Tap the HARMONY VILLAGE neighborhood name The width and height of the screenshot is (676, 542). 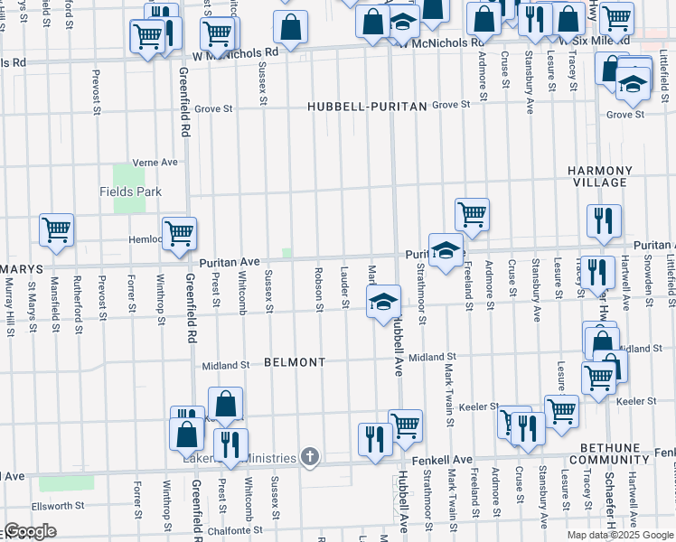(x=599, y=176)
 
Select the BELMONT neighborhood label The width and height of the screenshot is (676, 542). (x=295, y=362)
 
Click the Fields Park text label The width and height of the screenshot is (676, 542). (x=130, y=192)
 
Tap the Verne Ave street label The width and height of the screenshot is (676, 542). (x=155, y=162)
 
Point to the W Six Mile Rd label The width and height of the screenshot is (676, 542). (x=594, y=42)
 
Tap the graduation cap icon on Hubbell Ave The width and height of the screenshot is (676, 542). (x=383, y=301)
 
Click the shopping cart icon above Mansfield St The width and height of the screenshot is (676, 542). (x=56, y=229)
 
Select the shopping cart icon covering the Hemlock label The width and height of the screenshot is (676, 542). (x=179, y=232)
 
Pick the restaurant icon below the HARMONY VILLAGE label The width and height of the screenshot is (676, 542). (x=602, y=220)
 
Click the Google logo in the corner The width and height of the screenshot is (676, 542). (x=30, y=531)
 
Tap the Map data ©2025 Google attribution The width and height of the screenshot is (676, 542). (x=620, y=535)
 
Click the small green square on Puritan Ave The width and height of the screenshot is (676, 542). (x=287, y=253)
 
